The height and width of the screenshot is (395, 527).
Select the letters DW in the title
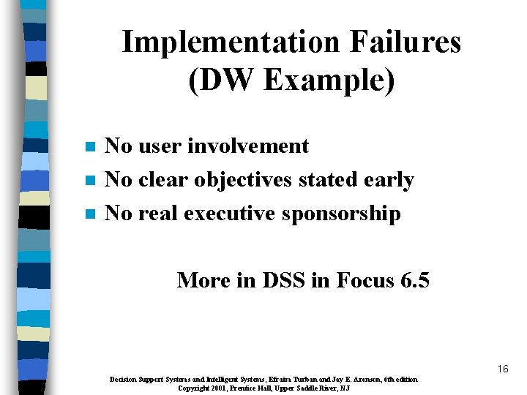[x=224, y=80]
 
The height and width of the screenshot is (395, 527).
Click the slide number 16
[x=502, y=369]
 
